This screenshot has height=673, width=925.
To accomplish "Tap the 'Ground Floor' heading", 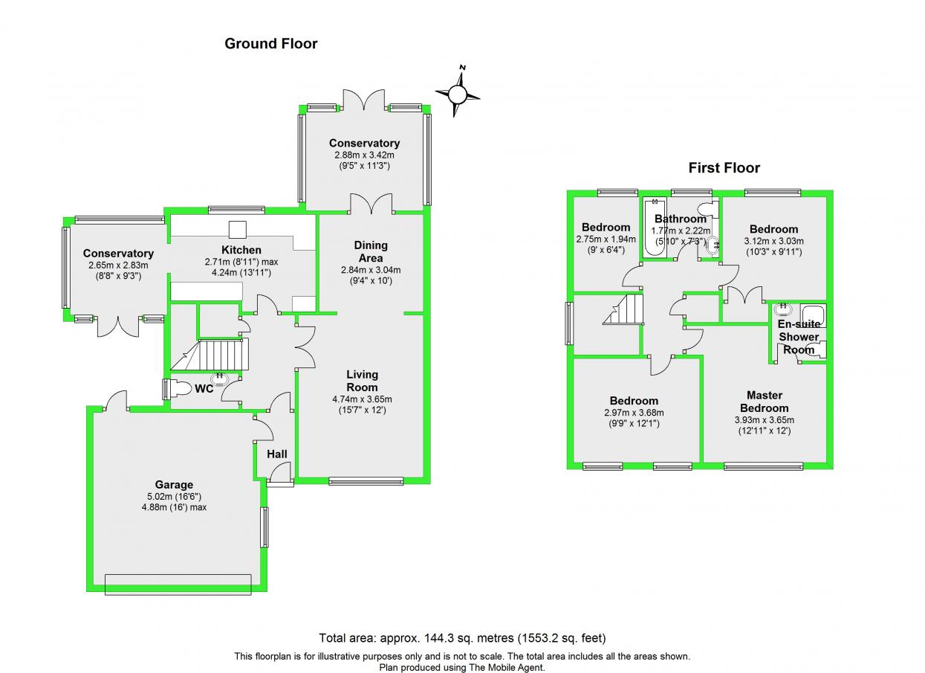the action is click(x=271, y=44).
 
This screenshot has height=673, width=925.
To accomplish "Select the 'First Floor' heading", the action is click(x=724, y=168).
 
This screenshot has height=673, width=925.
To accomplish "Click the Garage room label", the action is click(x=174, y=485).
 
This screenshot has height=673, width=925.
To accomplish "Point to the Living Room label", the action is click(x=362, y=381).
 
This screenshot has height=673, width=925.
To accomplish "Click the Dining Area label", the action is click(x=370, y=251).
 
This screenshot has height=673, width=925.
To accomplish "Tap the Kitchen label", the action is click(x=241, y=250).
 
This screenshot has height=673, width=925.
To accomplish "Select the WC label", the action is click(x=204, y=388).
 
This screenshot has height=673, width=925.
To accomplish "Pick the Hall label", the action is click(x=276, y=454).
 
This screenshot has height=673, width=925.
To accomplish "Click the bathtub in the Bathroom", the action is click(x=654, y=228).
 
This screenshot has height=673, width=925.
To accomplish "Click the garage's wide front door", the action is click(x=178, y=584).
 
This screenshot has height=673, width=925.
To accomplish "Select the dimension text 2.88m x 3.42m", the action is click(x=364, y=155).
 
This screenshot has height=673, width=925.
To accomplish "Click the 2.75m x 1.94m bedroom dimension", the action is click(x=606, y=239).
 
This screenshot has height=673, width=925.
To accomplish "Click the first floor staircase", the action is click(x=623, y=309).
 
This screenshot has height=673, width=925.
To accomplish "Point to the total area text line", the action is click(x=462, y=637).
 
